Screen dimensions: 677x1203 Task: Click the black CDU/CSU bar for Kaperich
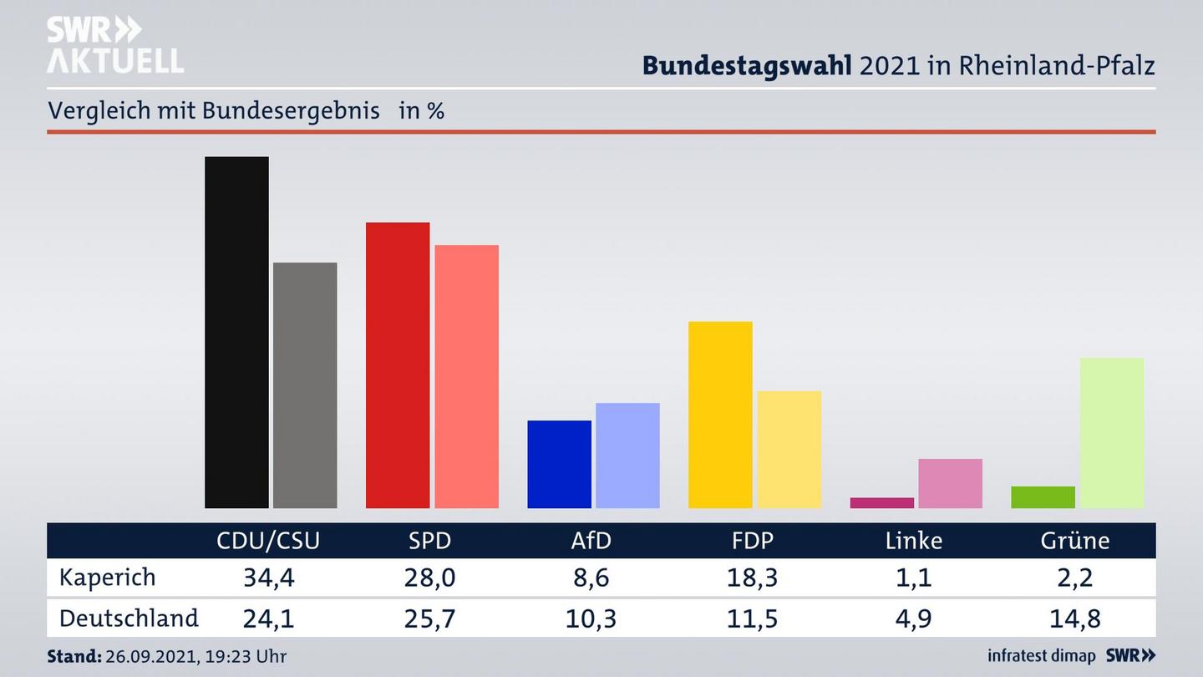coord(236,332)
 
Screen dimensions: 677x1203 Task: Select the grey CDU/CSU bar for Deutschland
coord(305,384)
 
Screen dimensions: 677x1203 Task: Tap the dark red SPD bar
coord(398,364)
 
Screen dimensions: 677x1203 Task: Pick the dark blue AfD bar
coord(559,464)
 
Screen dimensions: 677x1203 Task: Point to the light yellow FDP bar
coord(789,449)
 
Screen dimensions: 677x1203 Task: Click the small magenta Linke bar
coord(881,503)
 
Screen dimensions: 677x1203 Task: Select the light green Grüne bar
coord(1111,432)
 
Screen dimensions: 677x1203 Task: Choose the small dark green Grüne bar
coord(1043,497)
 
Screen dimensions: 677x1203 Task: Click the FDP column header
coord(752,541)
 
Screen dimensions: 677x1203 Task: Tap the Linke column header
coord(913,541)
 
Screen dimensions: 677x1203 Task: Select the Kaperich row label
coord(107,578)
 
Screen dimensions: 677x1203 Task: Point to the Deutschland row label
coord(129,618)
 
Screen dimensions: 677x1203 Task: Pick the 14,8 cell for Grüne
coord(1074,618)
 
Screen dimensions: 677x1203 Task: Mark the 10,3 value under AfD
coord(591,618)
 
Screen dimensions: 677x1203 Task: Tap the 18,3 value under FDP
coord(752,578)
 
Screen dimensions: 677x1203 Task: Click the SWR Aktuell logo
coord(114,45)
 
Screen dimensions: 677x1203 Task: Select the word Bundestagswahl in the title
coord(746,65)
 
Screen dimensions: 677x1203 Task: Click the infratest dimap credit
coord(1041,656)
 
